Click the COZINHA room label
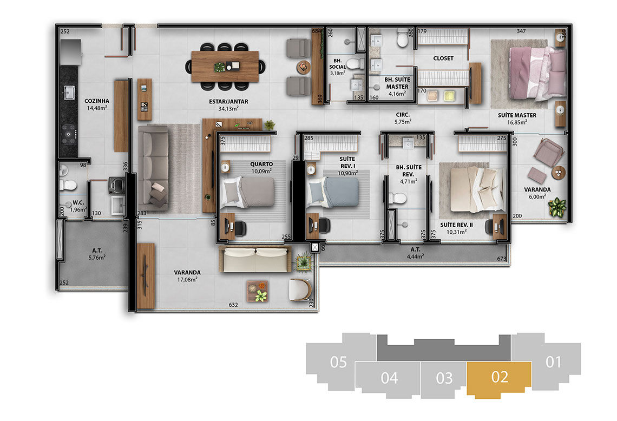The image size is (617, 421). click(x=97, y=101)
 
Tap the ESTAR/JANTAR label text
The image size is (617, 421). click(x=228, y=102)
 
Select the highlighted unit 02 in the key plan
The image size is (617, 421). click(x=500, y=378)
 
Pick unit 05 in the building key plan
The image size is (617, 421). click(x=338, y=362)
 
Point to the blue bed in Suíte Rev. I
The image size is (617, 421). click(x=333, y=192)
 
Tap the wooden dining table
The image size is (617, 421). click(x=225, y=67)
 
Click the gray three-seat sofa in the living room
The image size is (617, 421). click(x=154, y=168)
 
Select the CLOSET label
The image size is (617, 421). click(x=443, y=58)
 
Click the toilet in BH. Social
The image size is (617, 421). click(x=355, y=63)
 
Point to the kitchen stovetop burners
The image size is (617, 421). click(x=69, y=134)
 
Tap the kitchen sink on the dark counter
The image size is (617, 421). click(x=69, y=93)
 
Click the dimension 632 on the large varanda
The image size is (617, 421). click(x=233, y=305)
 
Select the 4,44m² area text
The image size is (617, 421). click(x=416, y=256)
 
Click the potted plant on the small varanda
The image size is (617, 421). click(x=557, y=207)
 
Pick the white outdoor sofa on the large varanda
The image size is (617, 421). click(x=255, y=259)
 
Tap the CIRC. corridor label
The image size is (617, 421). click(x=403, y=115)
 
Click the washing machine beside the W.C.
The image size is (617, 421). click(x=117, y=186)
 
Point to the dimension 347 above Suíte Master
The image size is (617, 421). click(x=521, y=31)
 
